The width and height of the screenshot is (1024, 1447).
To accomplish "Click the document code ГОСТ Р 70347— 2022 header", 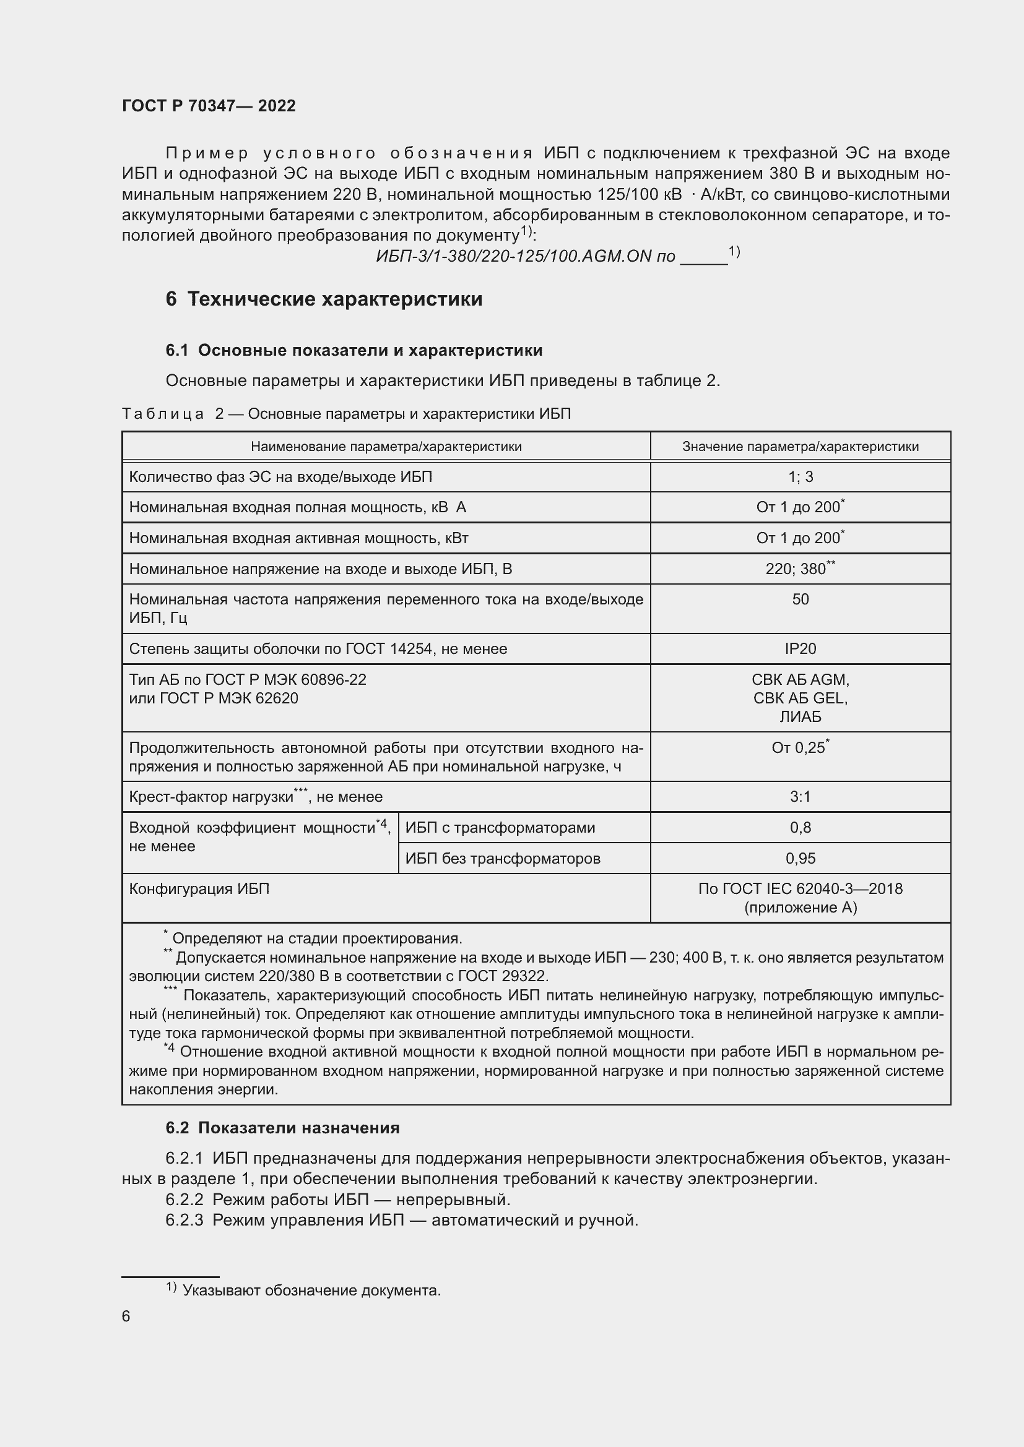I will point(209,106).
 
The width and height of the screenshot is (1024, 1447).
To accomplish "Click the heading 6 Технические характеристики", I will point(324,299).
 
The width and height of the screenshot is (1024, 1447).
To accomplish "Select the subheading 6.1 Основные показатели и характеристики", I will point(354,350).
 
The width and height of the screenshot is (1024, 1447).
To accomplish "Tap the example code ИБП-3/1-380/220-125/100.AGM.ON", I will point(513,257).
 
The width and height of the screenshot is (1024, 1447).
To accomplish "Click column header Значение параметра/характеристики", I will point(800,447).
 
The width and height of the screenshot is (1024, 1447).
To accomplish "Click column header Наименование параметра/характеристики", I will point(386,447).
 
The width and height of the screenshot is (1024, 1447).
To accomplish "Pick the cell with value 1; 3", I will point(800,477).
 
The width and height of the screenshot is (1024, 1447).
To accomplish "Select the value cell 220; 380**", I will point(799,569).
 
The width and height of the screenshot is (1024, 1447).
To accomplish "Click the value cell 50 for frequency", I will point(800,599).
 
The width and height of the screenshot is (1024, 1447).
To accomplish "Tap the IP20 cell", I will point(800,649).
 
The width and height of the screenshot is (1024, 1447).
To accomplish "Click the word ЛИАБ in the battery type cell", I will point(800,717).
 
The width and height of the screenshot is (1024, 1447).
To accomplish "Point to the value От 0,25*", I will point(799,748).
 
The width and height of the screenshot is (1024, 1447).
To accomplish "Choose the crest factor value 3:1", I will point(800,797).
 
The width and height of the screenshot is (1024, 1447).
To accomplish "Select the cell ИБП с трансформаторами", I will point(500,828).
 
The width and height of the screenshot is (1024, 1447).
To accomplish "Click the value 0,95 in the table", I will point(800,859).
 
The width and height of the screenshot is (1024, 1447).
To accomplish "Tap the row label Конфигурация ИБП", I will point(199,889).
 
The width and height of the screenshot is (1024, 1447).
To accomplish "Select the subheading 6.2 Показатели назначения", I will point(282,1128).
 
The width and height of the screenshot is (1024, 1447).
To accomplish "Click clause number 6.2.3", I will point(184,1220).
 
